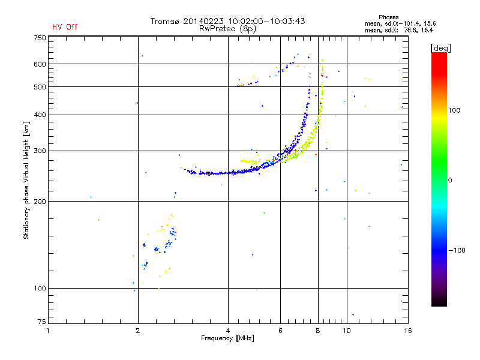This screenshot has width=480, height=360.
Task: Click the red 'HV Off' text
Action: (64, 27)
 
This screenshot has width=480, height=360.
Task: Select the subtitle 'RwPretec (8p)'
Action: (227, 28)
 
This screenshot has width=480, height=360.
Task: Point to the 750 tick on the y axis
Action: (40, 37)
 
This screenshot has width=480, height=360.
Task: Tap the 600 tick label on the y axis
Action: (40, 64)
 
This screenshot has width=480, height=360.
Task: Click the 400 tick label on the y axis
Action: (40, 115)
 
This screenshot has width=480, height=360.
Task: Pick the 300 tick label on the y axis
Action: (40, 151)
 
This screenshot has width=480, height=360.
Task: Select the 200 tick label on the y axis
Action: (40, 201)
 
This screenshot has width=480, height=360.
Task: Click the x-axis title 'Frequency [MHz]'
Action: (227, 339)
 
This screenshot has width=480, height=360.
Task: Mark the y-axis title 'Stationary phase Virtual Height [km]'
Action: (26, 180)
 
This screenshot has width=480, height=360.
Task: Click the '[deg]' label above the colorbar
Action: (440, 47)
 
